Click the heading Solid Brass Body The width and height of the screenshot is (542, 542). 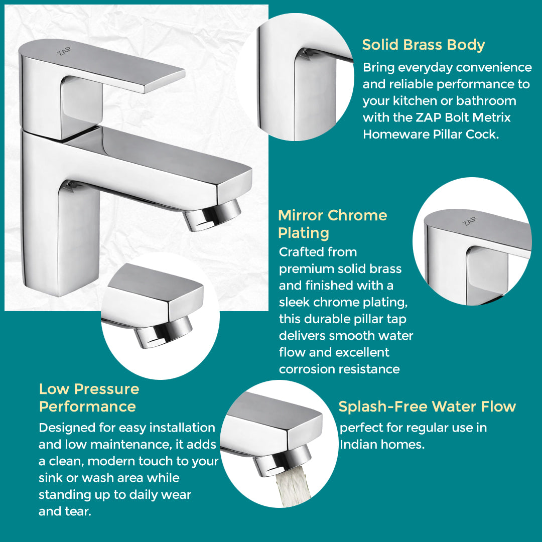(x=423, y=45)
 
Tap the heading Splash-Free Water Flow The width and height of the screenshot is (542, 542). (x=427, y=406)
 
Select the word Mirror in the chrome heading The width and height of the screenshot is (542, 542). (x=301, y=215)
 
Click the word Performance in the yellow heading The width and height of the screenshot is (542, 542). (x=87, y=406)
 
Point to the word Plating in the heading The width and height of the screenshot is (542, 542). (x=303, y=233)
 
